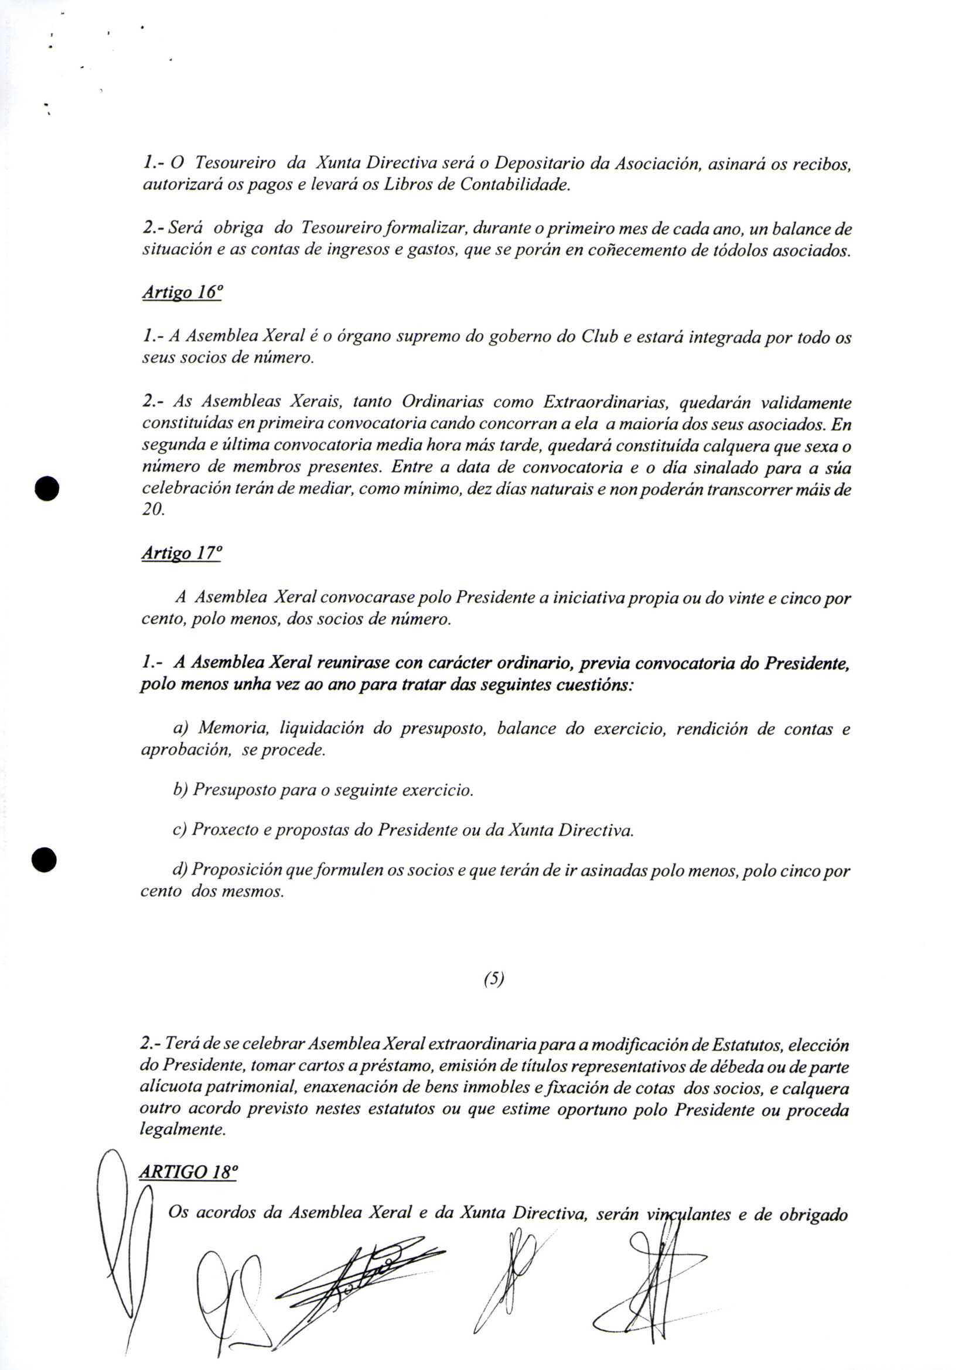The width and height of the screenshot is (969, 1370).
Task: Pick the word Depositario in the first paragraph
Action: pos(540,163)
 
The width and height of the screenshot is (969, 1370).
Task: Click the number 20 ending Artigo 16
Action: pos(152,511)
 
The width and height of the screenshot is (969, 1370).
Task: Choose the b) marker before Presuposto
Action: pos(180,791)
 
